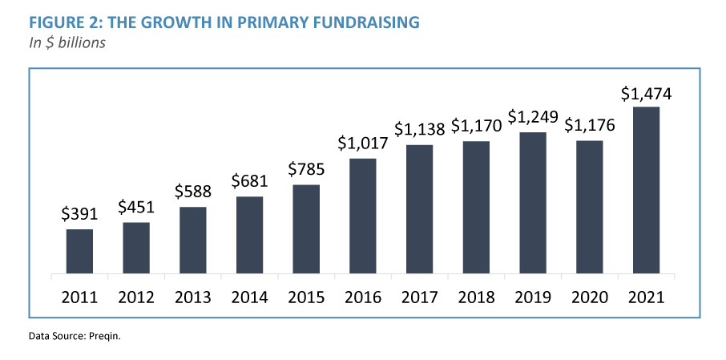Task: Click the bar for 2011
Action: [x=79, y=251]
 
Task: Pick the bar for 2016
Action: [x=363, y=216]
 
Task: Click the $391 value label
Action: [x=79, y=214]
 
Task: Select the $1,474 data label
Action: [x=646, y=93]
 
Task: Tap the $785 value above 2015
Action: [x=306, y=170]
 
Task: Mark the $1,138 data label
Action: [x=419, y=129]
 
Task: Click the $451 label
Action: [x=136, y=207]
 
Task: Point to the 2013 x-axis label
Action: [x=192, y=297]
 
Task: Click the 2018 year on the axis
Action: [x=476, y=297]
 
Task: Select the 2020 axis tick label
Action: [x=589, y=297]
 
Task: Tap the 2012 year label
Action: [x=136, y=297]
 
